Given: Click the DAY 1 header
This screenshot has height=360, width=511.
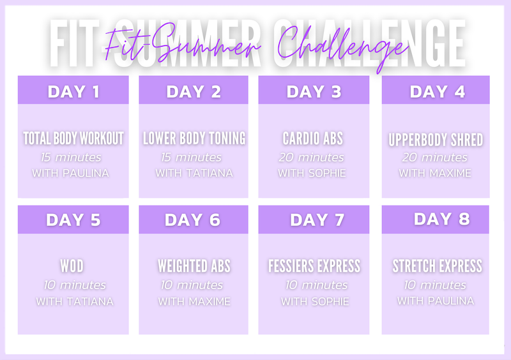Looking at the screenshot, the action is pos(73,91).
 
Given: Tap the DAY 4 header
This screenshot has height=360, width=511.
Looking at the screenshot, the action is pos(437,91).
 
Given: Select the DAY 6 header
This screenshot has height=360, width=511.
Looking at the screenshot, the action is pos(193,220).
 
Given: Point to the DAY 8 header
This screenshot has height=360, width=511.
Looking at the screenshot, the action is pos(441,219).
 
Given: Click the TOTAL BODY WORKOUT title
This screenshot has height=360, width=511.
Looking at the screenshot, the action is pos(73,138).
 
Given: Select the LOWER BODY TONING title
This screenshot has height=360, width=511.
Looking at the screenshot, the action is pos(194,138).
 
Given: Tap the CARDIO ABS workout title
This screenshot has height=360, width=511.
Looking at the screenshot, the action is pos(312,138).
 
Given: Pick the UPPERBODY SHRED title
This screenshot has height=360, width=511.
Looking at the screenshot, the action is pos(436,140).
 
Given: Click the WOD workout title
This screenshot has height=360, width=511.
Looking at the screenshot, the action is pos(72,266).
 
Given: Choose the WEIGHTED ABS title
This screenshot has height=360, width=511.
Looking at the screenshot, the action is pos(194,266).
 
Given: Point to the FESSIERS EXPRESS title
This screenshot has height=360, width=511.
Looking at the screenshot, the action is pos(314,266).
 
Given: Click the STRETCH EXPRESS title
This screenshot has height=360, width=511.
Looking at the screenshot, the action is pos(437,266).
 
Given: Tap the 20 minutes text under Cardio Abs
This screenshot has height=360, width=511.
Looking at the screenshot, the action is pos(311,158).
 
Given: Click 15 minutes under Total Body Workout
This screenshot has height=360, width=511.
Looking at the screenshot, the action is pos(71,158).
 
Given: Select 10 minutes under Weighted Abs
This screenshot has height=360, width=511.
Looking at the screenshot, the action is pos(192,285).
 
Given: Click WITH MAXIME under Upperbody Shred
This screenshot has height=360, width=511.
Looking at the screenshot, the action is pos(435,173).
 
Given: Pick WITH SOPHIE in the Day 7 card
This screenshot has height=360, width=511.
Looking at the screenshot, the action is pos(315,301).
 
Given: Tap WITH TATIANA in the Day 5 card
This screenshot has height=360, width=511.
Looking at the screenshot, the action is pos(75,301).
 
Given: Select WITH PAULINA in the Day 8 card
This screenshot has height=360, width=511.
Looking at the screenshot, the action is pos(436,301).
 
